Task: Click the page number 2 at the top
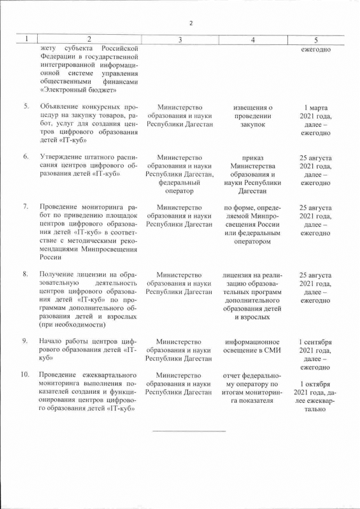(191, 23)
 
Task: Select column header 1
(26, 40)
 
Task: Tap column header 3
(179, 40)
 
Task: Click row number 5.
(26, 106)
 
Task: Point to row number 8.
(26, 274)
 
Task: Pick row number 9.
(26, 341)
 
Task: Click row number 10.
(26, 375)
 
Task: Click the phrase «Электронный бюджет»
(78, 89)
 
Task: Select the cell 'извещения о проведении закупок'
(253, 115)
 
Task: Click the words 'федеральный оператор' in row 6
(179, 187)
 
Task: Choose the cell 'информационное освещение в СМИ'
(253, 346)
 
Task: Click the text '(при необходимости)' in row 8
(73, 325)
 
